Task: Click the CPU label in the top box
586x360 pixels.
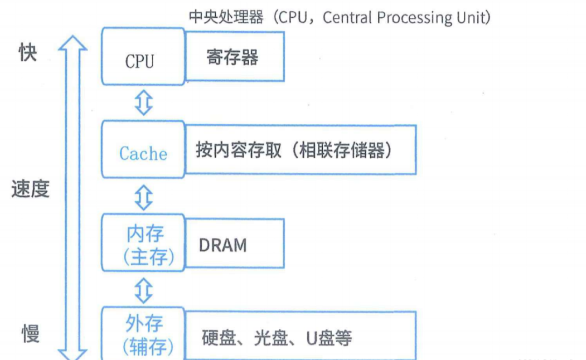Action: pyautogui.click(x=139, y=62)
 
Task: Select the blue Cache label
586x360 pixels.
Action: pyautogui.click(x=143, y=154)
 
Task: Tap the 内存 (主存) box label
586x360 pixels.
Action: pyautogui.click(x=148, y=245)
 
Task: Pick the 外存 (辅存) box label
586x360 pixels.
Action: pyautogui.click(x=147, y=335)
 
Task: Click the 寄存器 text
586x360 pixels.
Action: pyautogui.click(x=232, y=58)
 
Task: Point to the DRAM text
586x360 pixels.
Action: pyautogui.click(x=223, y=245)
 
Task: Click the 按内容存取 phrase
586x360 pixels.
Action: pyautogui.click(x=239, y=150)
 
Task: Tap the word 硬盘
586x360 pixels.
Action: pyautogui.click(x=219, y=338)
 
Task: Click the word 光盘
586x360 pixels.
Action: pyautogui.click(x=271, y=338)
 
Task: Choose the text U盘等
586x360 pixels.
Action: pyautogui.click(x=329, y=338)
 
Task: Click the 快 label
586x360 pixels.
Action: pyautogui.click(x=28, y=52)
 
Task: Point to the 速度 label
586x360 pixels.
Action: pyautogui.click(x=30, y=188)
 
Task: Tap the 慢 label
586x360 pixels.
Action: pyautogui.click(x=31, y=334)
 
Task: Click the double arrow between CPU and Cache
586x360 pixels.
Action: pyautogui.click(x=144, y=102)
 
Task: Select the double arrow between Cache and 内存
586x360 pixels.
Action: pyautogui.click(x=144, y=197)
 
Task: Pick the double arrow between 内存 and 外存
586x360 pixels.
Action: pyautogui.click(x=144, y=290)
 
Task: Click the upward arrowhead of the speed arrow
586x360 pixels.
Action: pyautogui.click(x=73, y=42)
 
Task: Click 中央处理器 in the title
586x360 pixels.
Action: pyautogui.click(x=226, y=17)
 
